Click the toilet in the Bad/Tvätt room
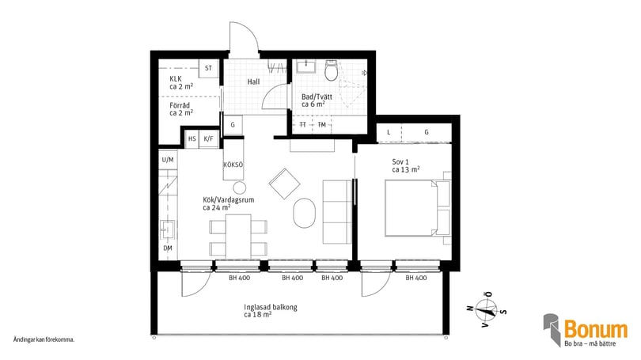click(331, 70)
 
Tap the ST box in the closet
click(208, 68)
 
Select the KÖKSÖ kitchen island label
click(233, 165)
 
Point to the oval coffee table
click(304, 213)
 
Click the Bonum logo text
click(596, 329)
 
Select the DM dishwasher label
click(168, 248)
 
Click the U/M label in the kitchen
click(168, 160)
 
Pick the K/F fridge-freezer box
click(208, 139)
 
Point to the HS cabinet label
click(192, 139)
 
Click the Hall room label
click(253, 81)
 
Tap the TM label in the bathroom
click(322, 125)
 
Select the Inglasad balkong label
click(271, 307)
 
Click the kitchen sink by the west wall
click(168, 229)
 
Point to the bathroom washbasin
click(305, 66)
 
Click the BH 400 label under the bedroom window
click(416, 278)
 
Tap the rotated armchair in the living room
click(285, 184)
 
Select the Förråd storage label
click(180, 105)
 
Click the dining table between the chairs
click(238, 237)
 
